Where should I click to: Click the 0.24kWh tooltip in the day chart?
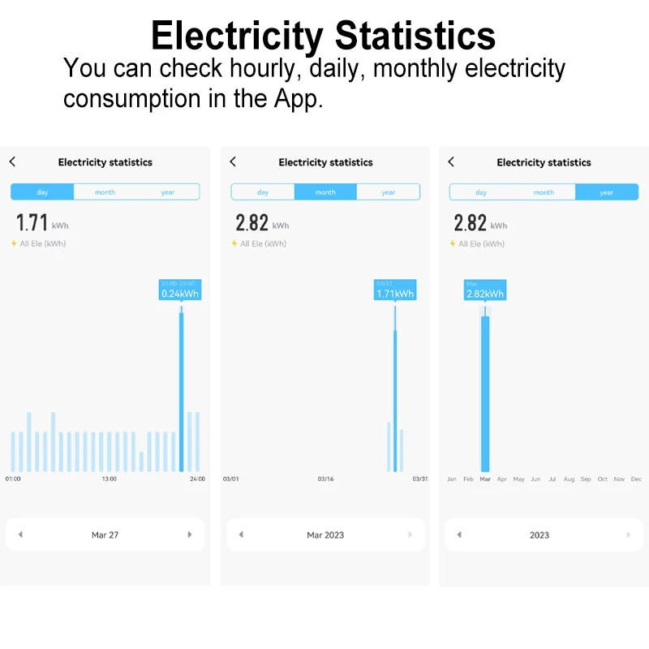pyautogui.click(x=179, y=290)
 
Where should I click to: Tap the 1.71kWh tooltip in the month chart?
pyautogui.click(x=395, y=290)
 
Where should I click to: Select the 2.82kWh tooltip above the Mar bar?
pyautogui.click(x=485, y=290)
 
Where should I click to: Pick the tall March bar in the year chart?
pyautogui.click(x=485, y=393)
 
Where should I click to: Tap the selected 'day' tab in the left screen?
pyautogui.click(x=42, y=192)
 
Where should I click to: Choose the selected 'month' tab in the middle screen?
pyautogui.click(x=325, y=192)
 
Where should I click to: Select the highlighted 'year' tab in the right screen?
pyautogui.click(x=607, y=192)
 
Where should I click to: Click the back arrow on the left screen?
pyautogui.click(x=12, y=162)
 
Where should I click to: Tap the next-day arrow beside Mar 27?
pyautogui.click(x=190, y=535)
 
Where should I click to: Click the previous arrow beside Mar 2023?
pyautogui.click(x=241, y=535)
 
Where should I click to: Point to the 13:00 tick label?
pyautogui.click(x=109, y=479)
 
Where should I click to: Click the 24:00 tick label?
pyautogui.click(x=197, y=479)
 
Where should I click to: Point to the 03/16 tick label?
pyautogui.click(x=325, y=479)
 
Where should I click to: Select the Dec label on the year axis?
pyautogui.click(x=636, y=479)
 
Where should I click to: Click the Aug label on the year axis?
pyautogui.click(x=569, y=479)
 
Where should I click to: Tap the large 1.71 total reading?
pyautogui.click(x=32, y=222)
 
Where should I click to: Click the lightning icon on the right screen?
pyautogui.click(x=453, y=243)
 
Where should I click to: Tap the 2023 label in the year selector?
pyautogui.click(x=539, y=535)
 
